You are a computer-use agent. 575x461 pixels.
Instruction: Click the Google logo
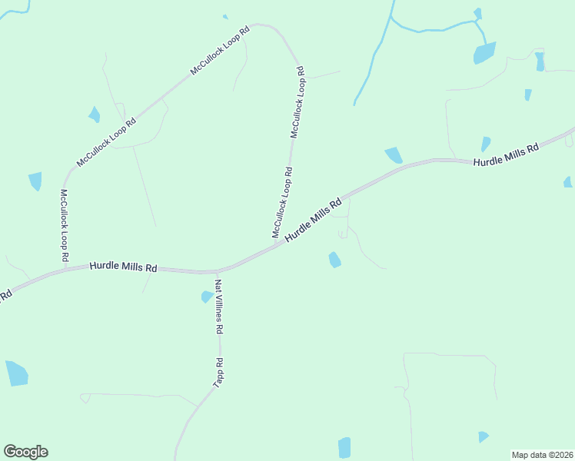coord(26,452)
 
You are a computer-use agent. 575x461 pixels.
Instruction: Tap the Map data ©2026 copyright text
coord(542,455)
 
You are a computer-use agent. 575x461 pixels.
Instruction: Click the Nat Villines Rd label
coord(219,306)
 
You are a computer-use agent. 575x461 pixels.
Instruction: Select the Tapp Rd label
coord(218,372)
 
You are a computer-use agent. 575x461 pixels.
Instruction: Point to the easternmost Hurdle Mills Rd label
coord(506,155)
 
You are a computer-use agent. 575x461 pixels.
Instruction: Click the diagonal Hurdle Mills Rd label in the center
coord(313,221)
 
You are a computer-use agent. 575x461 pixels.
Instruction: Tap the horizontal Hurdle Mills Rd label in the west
coord(123,267)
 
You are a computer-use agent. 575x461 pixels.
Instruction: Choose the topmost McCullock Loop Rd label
coord(221,51)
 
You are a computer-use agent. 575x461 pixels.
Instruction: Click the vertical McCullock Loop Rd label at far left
coord(65,224)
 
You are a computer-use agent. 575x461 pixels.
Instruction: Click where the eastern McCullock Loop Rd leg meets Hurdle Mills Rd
coord(275,244)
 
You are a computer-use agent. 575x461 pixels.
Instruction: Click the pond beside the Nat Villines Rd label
coord(207,297)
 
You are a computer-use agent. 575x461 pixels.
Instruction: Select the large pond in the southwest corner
coord(16,373)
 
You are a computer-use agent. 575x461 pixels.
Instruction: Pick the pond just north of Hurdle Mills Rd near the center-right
coord(394,155)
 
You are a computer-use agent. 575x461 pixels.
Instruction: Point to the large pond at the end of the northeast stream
coord(484,53)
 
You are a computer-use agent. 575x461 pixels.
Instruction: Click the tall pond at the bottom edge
coord(344,447)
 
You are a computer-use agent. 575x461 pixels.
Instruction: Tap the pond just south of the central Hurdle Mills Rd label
coord(334,260)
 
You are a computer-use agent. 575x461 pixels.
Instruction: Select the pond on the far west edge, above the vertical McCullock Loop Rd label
coord(35,181)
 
